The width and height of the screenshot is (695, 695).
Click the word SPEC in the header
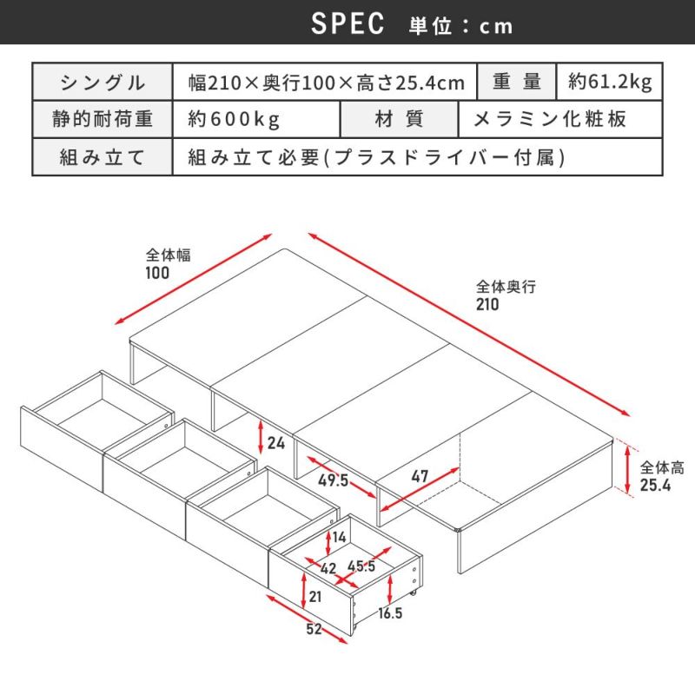click(x=347, y=23)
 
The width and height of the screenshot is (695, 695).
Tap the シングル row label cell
click(x=103, y=82)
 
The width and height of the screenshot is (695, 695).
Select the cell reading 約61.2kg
click(x=610, y=82)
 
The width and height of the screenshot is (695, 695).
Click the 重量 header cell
click(x=516, y=82)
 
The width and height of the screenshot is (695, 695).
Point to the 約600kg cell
click(x=256, y=119)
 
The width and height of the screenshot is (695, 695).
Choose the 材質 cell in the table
click(x=399, y=119)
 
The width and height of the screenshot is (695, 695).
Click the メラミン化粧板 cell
click(x=560, y=119)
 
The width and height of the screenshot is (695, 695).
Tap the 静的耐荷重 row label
click(x=103, y=119)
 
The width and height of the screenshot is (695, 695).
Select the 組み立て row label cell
click(x=103, y=157)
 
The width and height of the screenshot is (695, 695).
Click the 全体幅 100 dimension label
click(x=168, y=264)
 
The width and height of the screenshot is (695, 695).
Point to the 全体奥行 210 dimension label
click(x=506, y=295)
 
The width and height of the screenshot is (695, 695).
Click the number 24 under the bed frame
click(x=276, y=443)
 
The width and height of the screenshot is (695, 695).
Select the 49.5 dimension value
click(x=334, y=480)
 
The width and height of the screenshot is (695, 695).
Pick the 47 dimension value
click(x=420, y=476)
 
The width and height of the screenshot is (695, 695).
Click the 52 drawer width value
click(x=314, y=628)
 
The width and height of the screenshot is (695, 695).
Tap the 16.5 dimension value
click(x=390, y=613)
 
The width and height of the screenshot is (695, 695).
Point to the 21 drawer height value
click(x=315, y=597)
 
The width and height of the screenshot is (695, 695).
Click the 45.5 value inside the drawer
click(x=361, y=566)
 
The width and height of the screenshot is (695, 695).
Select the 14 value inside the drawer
click(x=339, y=537)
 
